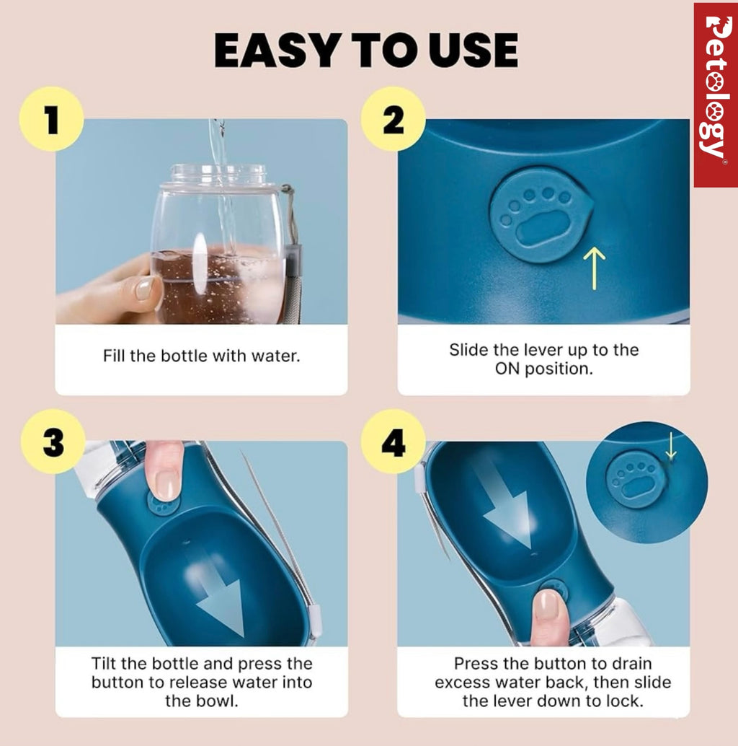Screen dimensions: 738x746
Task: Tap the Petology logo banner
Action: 715,95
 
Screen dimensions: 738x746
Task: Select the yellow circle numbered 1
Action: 51,119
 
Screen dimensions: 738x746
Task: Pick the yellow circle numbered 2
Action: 393,119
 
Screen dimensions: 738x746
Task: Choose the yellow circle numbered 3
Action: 53,442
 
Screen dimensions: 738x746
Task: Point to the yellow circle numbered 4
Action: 393,442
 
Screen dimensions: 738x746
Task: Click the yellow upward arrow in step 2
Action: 594,268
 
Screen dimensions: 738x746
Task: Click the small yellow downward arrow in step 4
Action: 670,446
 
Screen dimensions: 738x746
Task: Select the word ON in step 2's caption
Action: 507,369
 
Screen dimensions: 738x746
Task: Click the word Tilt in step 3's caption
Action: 104,663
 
